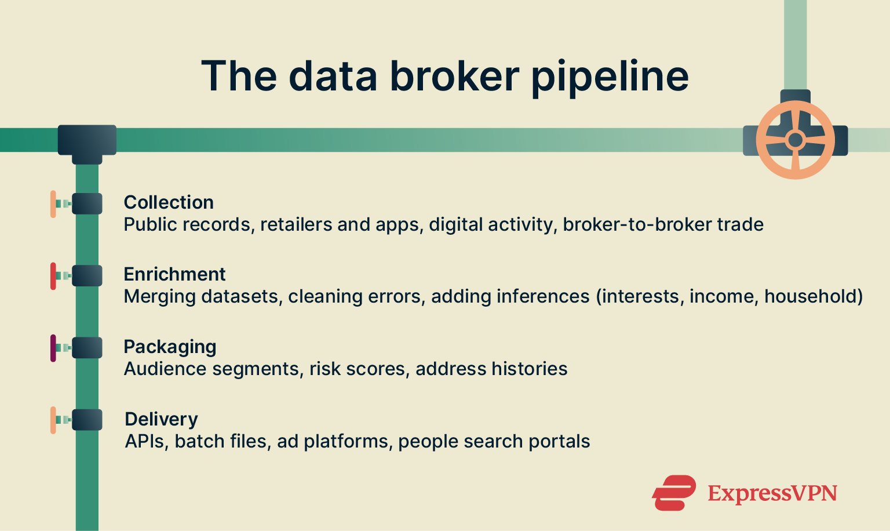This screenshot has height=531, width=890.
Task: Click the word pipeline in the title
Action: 610,77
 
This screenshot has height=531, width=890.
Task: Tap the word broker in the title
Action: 454,76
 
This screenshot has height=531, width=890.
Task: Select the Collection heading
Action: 169,202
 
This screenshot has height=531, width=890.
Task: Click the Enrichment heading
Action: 174,274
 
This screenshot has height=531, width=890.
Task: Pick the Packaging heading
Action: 170,347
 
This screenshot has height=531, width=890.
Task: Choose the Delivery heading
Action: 161,419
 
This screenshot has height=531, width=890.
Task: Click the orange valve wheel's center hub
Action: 795,140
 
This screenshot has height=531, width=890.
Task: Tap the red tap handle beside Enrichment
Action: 53,276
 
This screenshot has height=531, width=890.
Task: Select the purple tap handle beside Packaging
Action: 53,348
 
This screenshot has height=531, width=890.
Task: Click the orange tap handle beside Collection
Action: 53,204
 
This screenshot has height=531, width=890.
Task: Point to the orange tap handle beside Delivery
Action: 53,420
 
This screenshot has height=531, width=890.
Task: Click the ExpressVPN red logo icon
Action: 674,493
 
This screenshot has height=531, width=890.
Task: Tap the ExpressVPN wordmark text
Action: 772,494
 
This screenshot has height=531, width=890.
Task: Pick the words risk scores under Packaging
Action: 357,369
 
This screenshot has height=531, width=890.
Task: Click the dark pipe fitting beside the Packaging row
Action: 87,348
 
